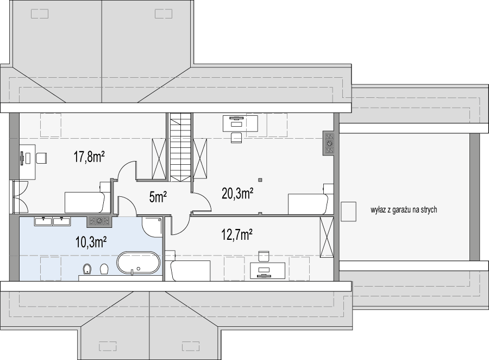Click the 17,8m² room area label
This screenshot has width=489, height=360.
click(89, 157)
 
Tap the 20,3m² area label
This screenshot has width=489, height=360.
click(237, 193)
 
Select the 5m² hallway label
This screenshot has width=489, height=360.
click(158, 197)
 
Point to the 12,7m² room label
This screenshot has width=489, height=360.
click(237, 235)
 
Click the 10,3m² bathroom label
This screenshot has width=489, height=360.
click(91, 242)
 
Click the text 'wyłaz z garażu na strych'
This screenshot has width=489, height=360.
click(404, 210)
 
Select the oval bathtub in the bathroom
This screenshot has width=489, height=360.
click(139, 263)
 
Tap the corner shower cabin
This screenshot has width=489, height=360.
click(152, 227)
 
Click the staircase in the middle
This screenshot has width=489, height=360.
click(180, 147)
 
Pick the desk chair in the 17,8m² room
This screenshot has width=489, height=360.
click(41, 158)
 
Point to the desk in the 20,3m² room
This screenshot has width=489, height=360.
click(240, 123)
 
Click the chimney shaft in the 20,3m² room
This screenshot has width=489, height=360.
click(329, 143)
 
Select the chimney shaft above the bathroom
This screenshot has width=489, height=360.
click(99, 221)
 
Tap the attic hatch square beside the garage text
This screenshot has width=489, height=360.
click(348, 212)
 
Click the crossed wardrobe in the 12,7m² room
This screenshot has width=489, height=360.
click(327, 237)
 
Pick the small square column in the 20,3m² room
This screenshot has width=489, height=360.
click(260, 179)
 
